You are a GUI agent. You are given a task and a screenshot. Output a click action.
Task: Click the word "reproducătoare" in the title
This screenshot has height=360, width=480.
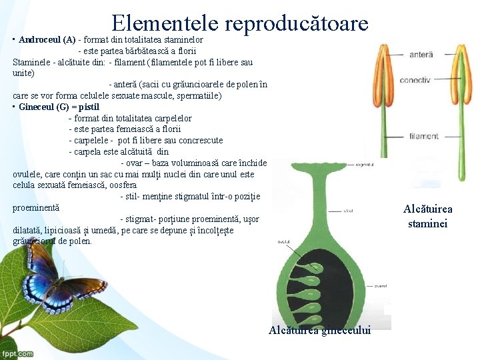click(296, 23)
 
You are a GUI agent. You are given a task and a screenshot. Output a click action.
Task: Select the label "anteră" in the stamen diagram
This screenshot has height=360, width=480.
click(421, 54)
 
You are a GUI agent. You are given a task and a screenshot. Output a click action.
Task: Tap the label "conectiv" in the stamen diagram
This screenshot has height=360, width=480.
click(415, 80)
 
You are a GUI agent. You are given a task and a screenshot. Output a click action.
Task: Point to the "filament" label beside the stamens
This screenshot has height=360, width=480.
click(424, 137)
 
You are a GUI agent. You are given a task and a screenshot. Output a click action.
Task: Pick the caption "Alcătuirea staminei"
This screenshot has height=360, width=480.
click(427, 216)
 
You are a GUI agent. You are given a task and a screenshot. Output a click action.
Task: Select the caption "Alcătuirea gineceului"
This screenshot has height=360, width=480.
click(320, 331)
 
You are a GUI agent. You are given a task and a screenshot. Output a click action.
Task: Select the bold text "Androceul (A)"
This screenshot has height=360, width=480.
click(47, 39)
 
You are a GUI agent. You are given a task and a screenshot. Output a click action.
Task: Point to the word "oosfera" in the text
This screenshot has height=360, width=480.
click(121, 185)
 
